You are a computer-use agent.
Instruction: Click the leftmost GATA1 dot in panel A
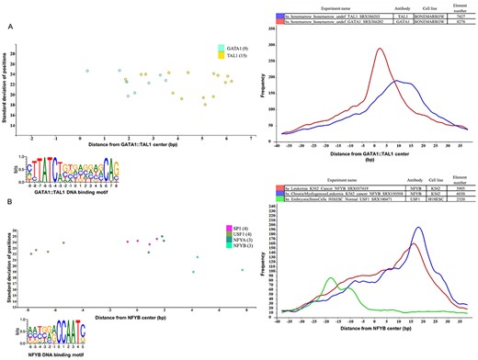click(x=87, y=71)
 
